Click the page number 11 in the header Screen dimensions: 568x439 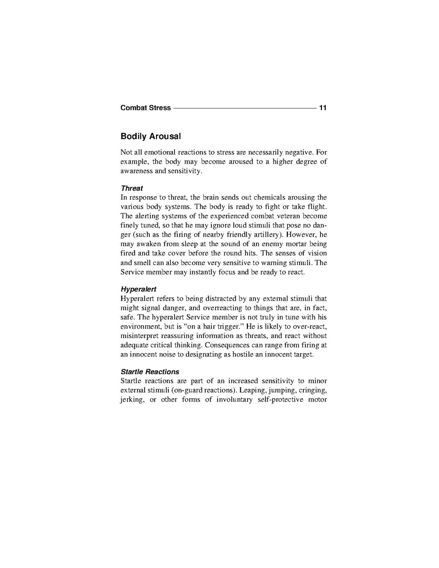(x=323, y=108)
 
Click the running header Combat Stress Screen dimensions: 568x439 (x=146, y=108)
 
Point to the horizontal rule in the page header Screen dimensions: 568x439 (x=244, y=108)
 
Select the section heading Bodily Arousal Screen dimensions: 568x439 (x=150, y=137)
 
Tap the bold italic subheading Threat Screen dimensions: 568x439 (x=132, y=188)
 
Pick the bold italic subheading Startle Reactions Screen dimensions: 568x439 (x=150, y=372)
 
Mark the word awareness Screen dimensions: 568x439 (x=137, y=171)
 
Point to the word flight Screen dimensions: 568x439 (x=317, y=206)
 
